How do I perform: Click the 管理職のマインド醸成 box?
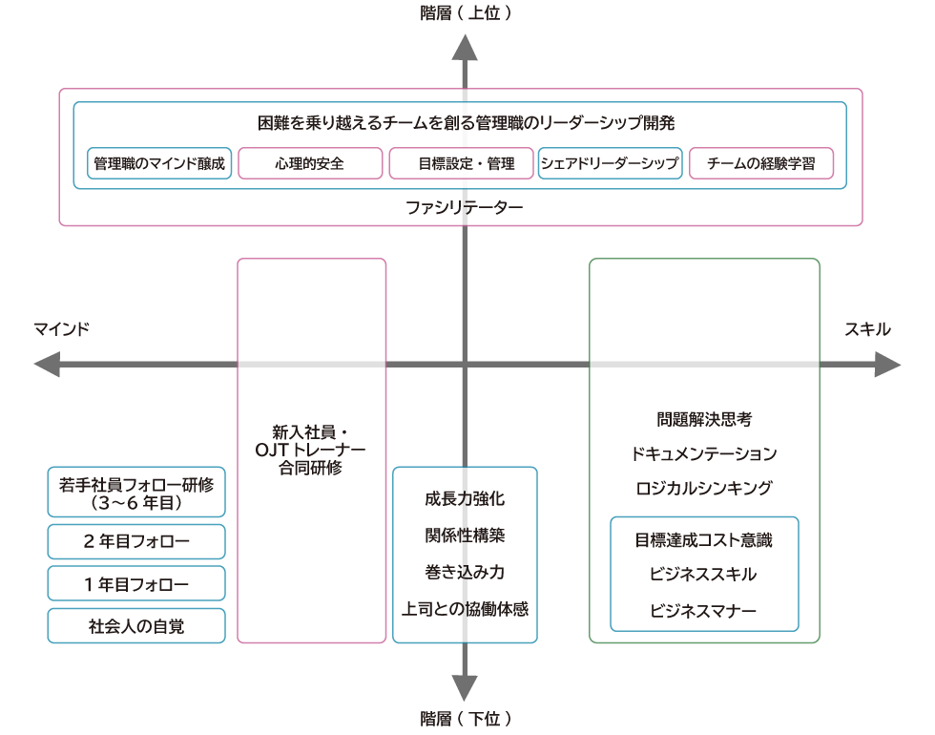point(158,163)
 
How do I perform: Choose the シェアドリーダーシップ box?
point(610,163)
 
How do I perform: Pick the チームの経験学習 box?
point(760,163)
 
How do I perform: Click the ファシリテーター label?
point(465,206)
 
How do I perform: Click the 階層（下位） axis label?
point(465,718)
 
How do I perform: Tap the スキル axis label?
point(867,329)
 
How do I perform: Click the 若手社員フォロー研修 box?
point(136,492)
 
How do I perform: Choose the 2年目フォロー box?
point(136,541)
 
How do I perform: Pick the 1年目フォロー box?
point(136,583)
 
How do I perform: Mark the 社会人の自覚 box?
point(136,625)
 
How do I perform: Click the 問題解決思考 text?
point(704,419)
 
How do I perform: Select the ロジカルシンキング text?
point(704,488)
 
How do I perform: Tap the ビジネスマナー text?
point(704,609)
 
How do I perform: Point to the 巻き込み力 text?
point(465,572)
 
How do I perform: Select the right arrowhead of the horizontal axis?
point(887,365)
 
